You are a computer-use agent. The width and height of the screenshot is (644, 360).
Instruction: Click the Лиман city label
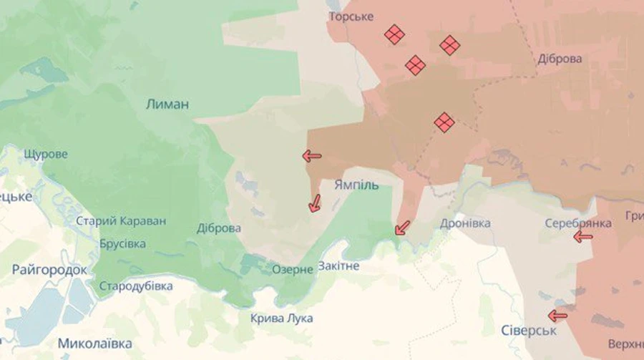167,104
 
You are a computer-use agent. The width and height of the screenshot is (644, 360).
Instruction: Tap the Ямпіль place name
356,185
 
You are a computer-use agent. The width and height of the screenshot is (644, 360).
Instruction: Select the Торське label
351,16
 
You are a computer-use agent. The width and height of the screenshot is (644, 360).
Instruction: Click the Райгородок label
49,270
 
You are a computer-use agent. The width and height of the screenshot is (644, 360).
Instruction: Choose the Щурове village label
46,154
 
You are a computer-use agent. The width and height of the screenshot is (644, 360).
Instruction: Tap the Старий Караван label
121,221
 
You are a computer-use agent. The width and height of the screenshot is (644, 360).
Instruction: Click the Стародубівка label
136,286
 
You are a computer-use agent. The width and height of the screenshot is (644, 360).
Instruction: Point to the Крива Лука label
281,318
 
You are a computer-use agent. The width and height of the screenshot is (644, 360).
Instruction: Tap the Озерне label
293,269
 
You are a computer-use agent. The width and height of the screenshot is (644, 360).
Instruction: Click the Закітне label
338,266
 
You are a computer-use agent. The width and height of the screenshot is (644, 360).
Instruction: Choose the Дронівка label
465,223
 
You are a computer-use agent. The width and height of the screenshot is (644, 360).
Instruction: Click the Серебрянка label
577,223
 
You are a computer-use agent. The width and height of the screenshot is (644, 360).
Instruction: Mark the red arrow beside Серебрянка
583,237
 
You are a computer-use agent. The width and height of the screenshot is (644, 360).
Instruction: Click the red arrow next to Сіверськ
557,315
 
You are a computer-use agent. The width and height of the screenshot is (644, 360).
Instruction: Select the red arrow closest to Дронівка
403,228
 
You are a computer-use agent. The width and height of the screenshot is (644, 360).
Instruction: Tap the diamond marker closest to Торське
394,34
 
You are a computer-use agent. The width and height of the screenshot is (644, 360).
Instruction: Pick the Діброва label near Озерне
219,228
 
